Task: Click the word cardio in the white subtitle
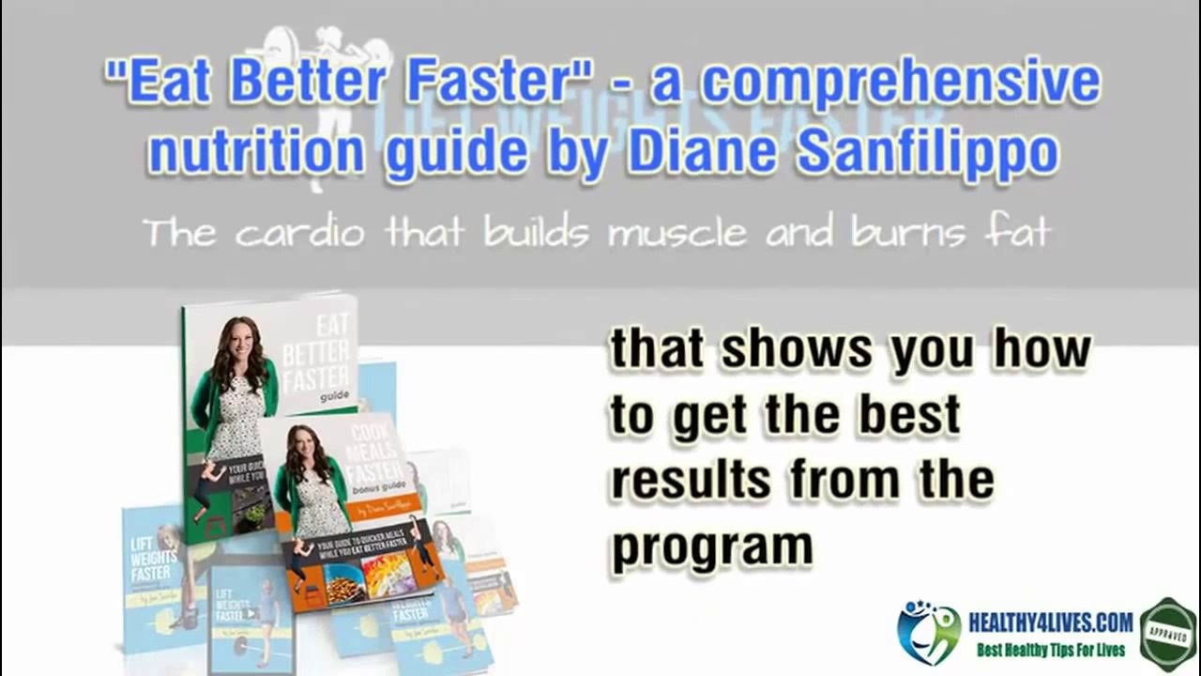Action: tap(299, 232)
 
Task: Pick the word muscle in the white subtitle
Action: tap(677, 232)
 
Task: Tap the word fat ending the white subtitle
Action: tap(1017, 232)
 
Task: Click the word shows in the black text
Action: tap(798, 349)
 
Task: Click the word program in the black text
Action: tap(711, 546)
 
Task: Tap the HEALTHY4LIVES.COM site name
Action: tap(1050, 622)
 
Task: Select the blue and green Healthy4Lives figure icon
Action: tap(928, 632)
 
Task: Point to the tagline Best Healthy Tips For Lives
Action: tap(1051, 650)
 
